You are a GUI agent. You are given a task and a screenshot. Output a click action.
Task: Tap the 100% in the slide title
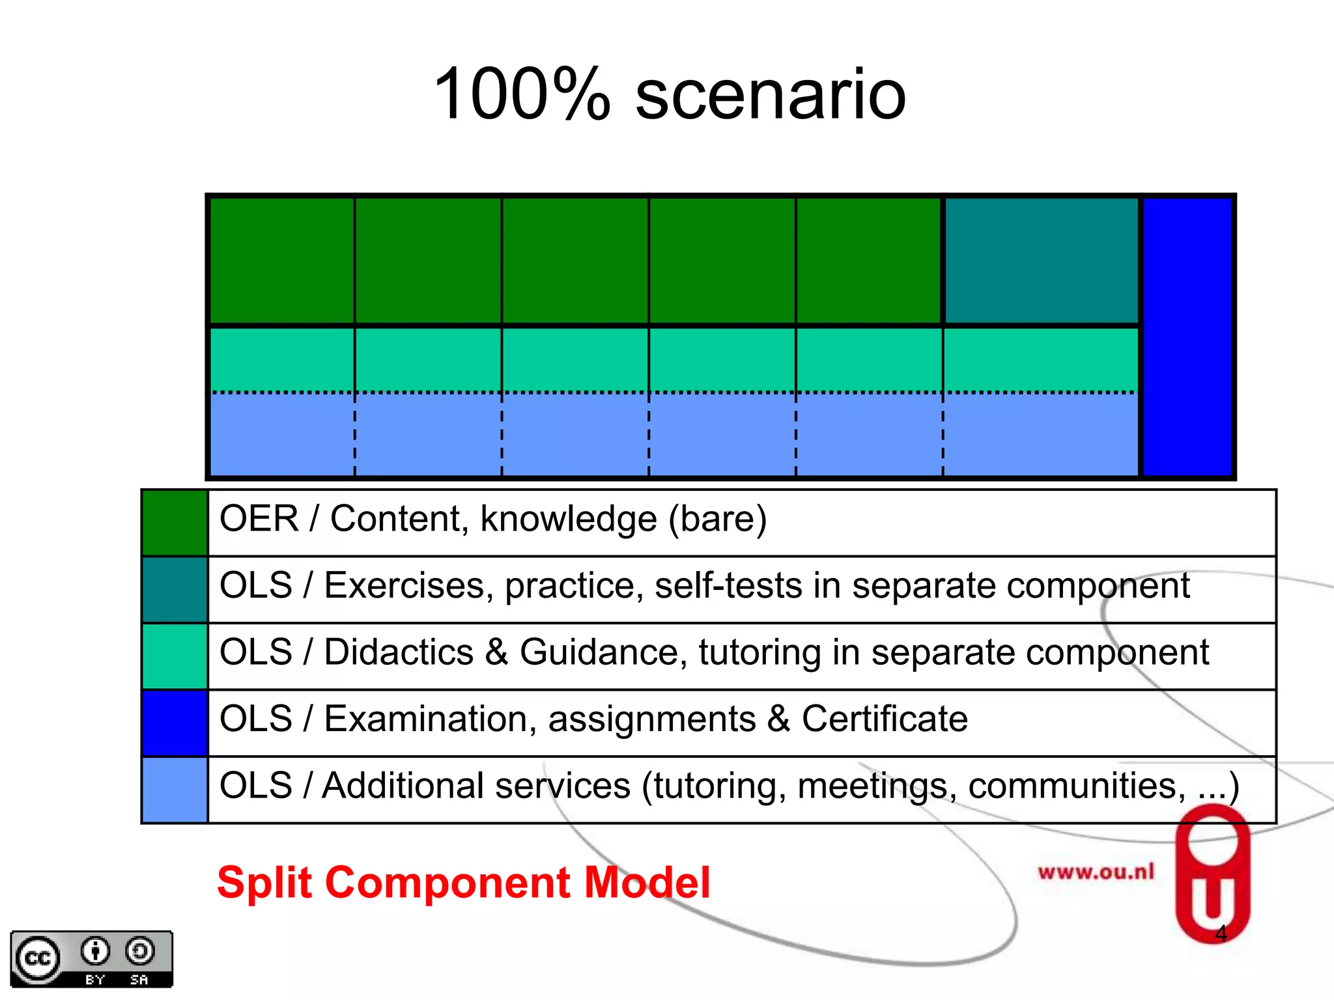[521, 95]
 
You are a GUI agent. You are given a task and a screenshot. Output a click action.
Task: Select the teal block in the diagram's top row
[1041, 260]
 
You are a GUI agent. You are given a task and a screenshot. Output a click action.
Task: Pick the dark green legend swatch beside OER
[175, 523]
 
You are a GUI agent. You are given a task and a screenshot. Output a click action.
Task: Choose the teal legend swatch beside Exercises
[175, 590]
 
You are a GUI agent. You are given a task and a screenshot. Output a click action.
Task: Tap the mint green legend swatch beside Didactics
[175, 656]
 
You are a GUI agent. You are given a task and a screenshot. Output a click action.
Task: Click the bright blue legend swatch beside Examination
[175, 723]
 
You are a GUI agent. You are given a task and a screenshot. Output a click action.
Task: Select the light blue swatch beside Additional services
[175, 790]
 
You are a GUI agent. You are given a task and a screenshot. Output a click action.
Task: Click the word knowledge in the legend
[569, 520]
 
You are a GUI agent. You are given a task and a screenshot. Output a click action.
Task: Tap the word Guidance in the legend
[603, 653]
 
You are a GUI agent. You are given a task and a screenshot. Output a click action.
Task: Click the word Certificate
[884, 719]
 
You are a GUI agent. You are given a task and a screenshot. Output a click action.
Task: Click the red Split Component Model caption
[463, 883]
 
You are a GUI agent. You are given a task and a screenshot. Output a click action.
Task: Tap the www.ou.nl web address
[1096, 872]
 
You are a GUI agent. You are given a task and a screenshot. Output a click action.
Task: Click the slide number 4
[1221, 934]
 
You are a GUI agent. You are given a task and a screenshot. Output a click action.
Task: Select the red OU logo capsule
[1212, 872]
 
